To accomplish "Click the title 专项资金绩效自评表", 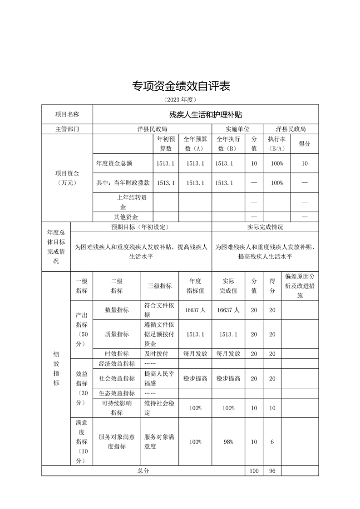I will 181,86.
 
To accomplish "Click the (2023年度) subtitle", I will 180,99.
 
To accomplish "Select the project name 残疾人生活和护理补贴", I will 205,114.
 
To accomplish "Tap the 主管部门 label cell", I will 67,129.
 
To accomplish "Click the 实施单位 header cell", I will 237,129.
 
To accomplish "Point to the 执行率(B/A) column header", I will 276,143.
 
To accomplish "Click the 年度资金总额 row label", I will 115,163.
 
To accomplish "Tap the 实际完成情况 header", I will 265,227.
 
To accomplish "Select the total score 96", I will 272,471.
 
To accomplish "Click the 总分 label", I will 143,471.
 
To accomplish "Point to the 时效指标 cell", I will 117,353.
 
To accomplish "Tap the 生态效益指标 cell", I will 117,393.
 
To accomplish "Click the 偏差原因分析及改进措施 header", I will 300,285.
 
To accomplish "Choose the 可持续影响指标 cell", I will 117,408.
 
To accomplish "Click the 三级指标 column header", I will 160,286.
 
